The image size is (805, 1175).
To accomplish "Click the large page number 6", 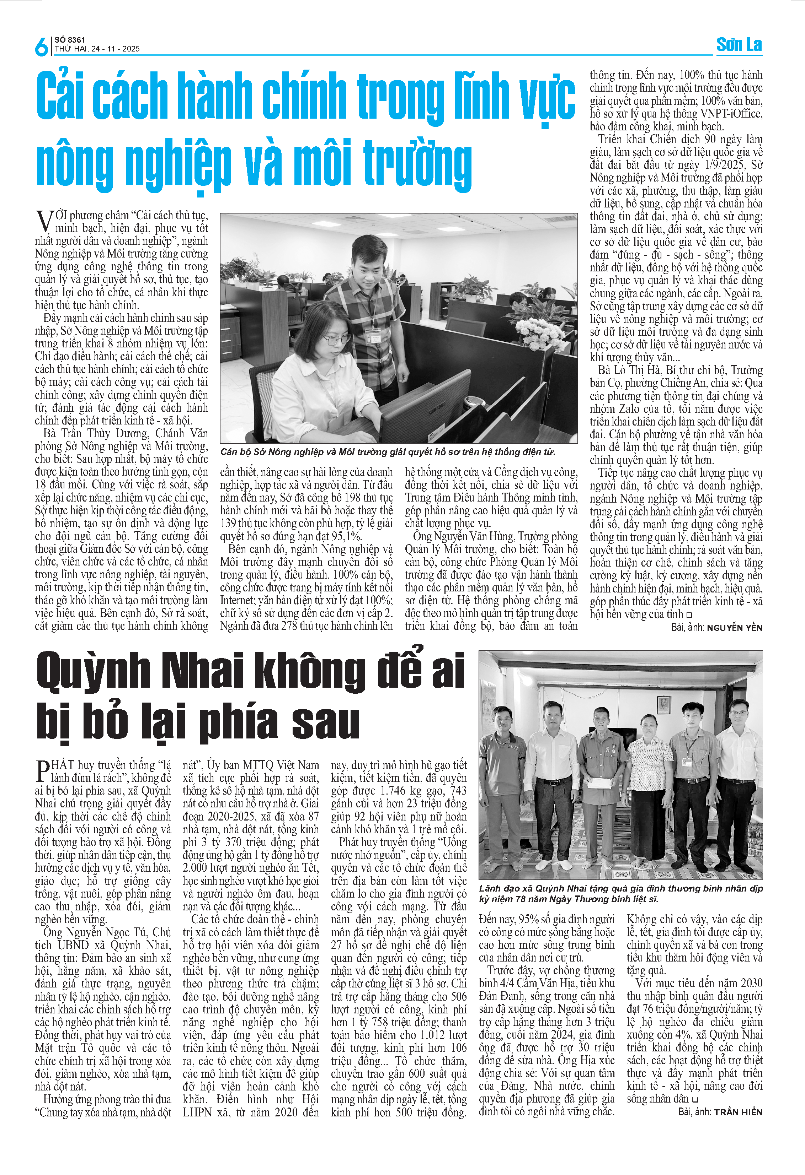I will pos(41,47).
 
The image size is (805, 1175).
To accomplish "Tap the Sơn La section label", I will pos(739,45).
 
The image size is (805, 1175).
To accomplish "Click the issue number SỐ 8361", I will pos(70,40).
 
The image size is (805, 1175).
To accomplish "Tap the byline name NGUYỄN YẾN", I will pos(734,627).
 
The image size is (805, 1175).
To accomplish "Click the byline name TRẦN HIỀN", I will pos(738,1112).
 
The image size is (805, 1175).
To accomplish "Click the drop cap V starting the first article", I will pos(44,221).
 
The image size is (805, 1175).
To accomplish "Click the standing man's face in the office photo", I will pos(366,259).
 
